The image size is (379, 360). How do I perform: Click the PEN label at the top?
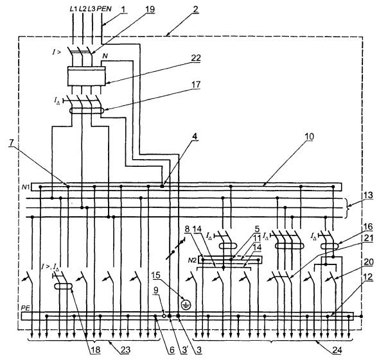(x=104, y=9)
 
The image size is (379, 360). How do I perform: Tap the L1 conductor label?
(x=73, y=9)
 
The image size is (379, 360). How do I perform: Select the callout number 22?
(x=196, y=58)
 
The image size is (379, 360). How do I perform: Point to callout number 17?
(x=197, y=85)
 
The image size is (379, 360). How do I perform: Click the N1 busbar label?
(x=26, y=187)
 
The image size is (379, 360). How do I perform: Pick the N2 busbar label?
(x=193, y=260)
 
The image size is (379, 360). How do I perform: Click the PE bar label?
(x=25, y=309)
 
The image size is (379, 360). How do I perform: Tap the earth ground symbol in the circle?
(x=186, y=305)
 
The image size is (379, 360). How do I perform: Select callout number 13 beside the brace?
(x=368, y=195)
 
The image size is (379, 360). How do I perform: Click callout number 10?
(x=309, y=137)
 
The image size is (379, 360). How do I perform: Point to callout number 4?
(x=195, y=136)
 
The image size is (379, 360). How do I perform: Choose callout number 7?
(x=12, y=142)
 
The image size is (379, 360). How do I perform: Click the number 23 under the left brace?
(x=125, y=350)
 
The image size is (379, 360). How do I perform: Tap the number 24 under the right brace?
(x=337, y=350)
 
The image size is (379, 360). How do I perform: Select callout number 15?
(x=156, y=275)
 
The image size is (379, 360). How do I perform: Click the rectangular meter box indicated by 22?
(x=87, y=76)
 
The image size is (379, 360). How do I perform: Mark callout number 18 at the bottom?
(x=95, y=350)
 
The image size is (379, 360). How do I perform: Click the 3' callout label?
(x=185, y=350)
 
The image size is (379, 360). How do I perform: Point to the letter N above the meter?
(x=105, y=56)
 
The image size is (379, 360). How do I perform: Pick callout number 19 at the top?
(x=150, y=9)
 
